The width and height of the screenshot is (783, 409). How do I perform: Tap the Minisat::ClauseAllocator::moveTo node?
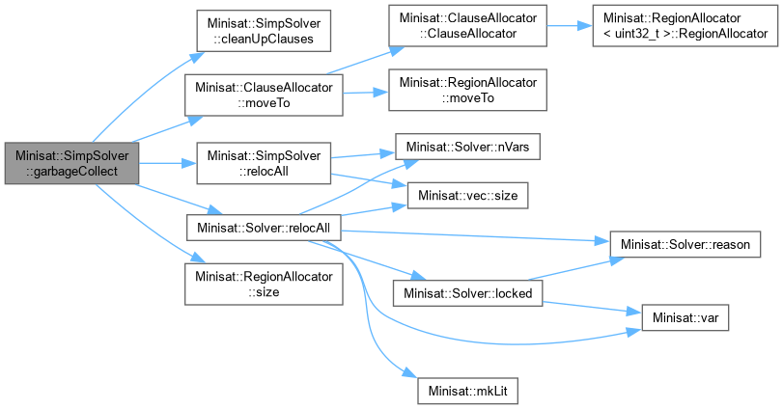[265, 95]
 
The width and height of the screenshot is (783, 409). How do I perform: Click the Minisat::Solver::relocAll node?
[263, 228]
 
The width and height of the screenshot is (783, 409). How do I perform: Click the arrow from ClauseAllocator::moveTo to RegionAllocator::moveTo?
[365, 94]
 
